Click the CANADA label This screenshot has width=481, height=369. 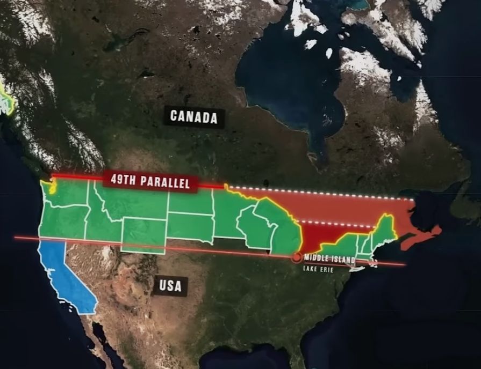[x=193, y=116]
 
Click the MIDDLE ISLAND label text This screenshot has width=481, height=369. [x=329, y=260]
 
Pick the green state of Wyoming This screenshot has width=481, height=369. [x=143, y=234]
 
